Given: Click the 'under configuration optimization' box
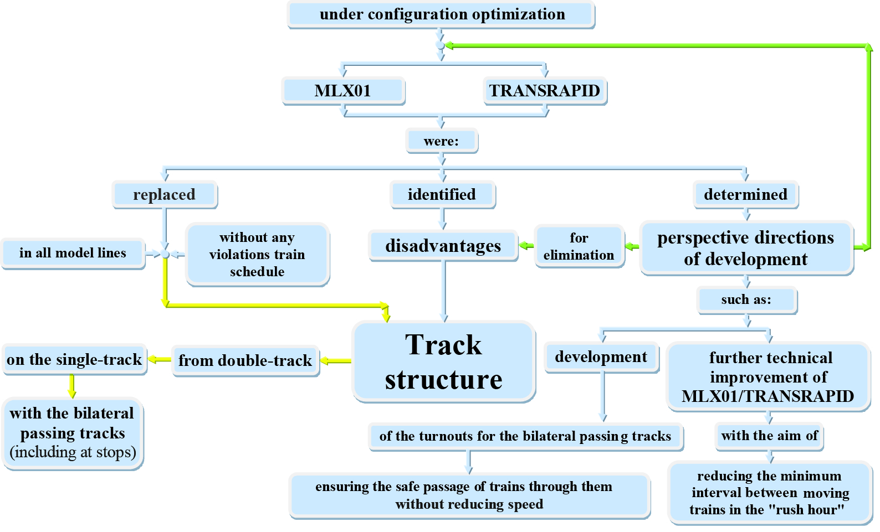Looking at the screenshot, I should point(441,14).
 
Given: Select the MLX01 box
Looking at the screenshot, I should point(343,90).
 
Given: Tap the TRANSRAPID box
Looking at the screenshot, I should point(545,90).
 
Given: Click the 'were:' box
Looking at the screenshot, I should point(441,141).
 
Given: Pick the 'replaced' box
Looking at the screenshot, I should point(164,194).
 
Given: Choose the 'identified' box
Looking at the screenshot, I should point(442,194).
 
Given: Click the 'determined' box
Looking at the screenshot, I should point(745,194).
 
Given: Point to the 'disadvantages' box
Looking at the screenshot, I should point(443,245).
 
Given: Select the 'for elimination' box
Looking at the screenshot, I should point(579,246).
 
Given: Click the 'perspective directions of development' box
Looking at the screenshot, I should point(745,247).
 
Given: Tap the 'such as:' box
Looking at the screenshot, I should point(746,300).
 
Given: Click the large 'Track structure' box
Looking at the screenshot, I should point(443,361).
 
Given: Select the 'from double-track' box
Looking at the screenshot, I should point(245,360).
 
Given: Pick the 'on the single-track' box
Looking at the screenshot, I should point(74,359).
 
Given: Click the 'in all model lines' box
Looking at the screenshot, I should point(73,253).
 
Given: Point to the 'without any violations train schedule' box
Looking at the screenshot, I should point(257,254).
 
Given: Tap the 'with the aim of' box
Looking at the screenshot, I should point(769,436).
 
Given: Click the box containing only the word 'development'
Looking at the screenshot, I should point(601,357).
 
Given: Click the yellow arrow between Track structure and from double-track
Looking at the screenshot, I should point(336,361).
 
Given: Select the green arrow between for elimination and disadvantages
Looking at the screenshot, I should point(526,245).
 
